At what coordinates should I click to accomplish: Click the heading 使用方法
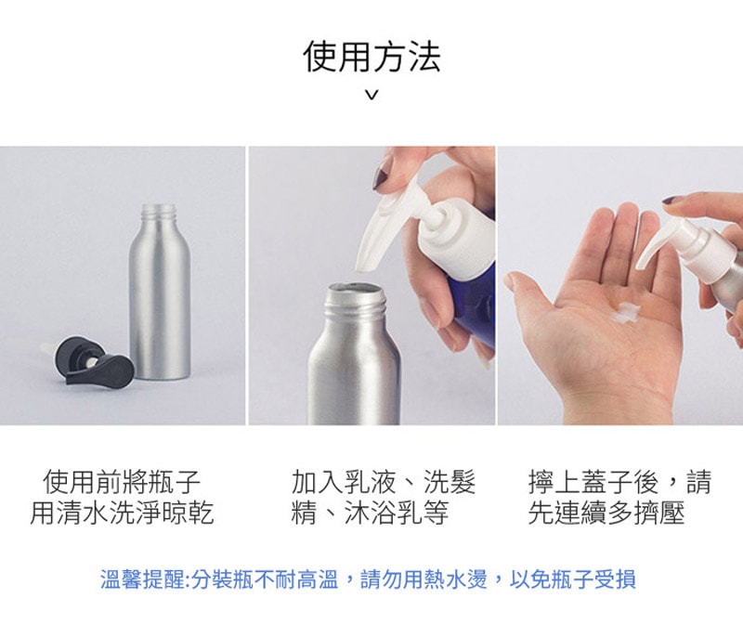click(372, 57)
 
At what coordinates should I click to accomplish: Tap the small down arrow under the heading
click(372, 96)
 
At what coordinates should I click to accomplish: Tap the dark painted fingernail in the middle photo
click(382, 174)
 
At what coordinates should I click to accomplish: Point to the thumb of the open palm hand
click(530, 293)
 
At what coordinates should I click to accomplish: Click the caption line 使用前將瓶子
click(122, 482)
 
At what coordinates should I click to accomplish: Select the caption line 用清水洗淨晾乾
click(122, 513)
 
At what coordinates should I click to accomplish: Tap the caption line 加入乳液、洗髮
click(384, 482)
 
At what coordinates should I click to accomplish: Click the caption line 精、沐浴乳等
click(370, 513)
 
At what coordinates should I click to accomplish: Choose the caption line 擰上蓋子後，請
click(619, 482)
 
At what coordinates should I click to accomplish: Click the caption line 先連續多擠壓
click(606, 513)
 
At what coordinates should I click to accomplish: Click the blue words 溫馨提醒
click(142, 579)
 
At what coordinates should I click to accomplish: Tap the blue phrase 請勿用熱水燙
click(424, 579)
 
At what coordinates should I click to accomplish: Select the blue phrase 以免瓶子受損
click(572, 579)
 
